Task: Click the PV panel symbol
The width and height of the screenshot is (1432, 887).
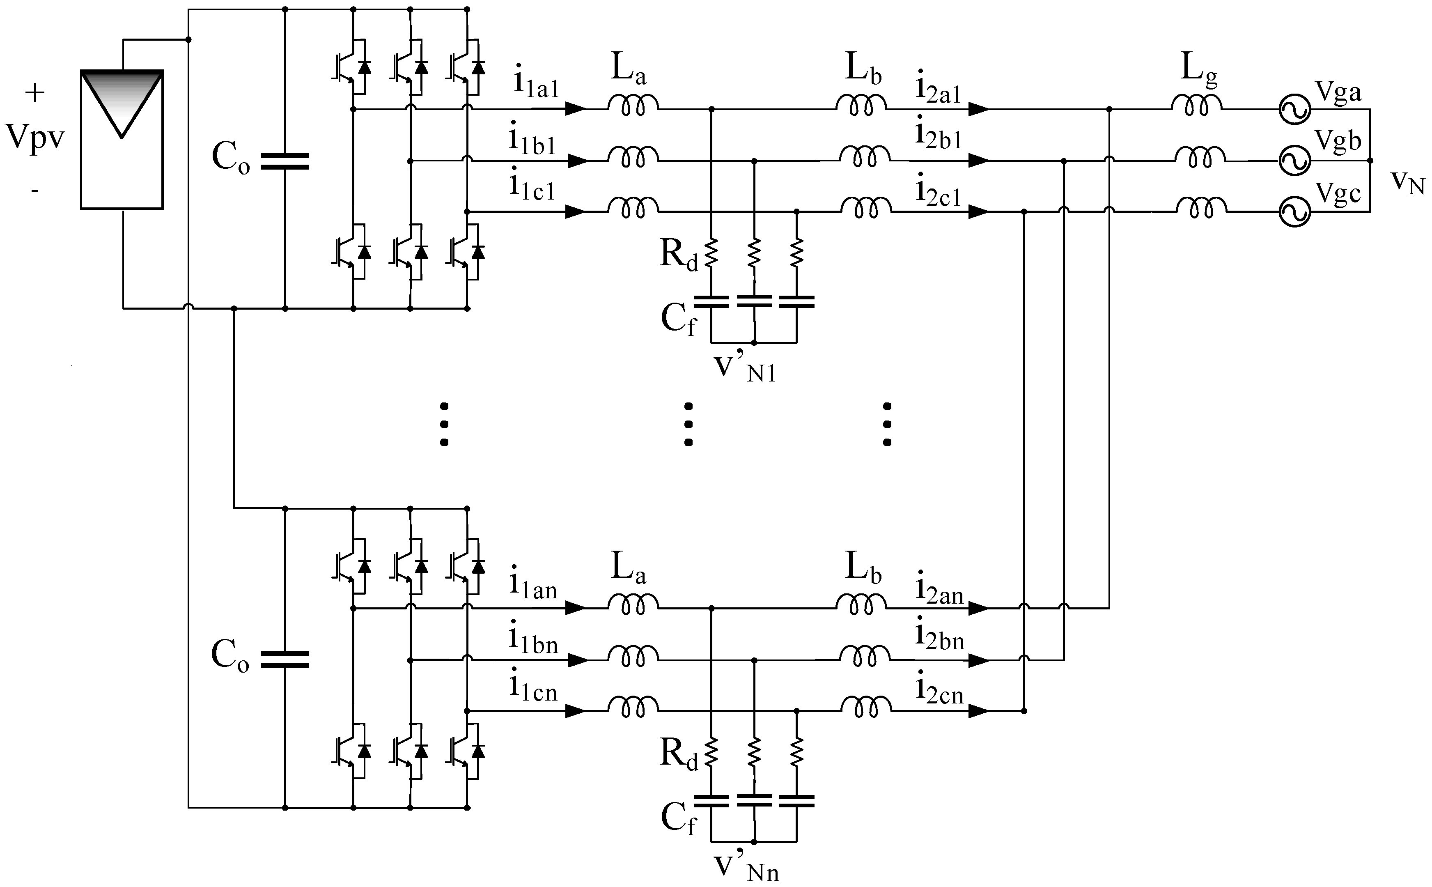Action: [x=122, y=140]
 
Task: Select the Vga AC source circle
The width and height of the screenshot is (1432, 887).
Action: [x=1294, y=110]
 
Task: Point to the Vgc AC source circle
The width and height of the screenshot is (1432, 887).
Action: [x=1294, y=212]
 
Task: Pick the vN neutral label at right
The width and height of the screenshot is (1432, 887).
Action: [x=1407, y=182]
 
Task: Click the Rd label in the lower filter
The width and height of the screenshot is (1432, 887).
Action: [x=679, y=754]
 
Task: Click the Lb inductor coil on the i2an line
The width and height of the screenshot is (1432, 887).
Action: [x=861, y=604]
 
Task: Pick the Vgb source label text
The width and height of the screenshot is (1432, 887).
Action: [x=1338, y=141]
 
